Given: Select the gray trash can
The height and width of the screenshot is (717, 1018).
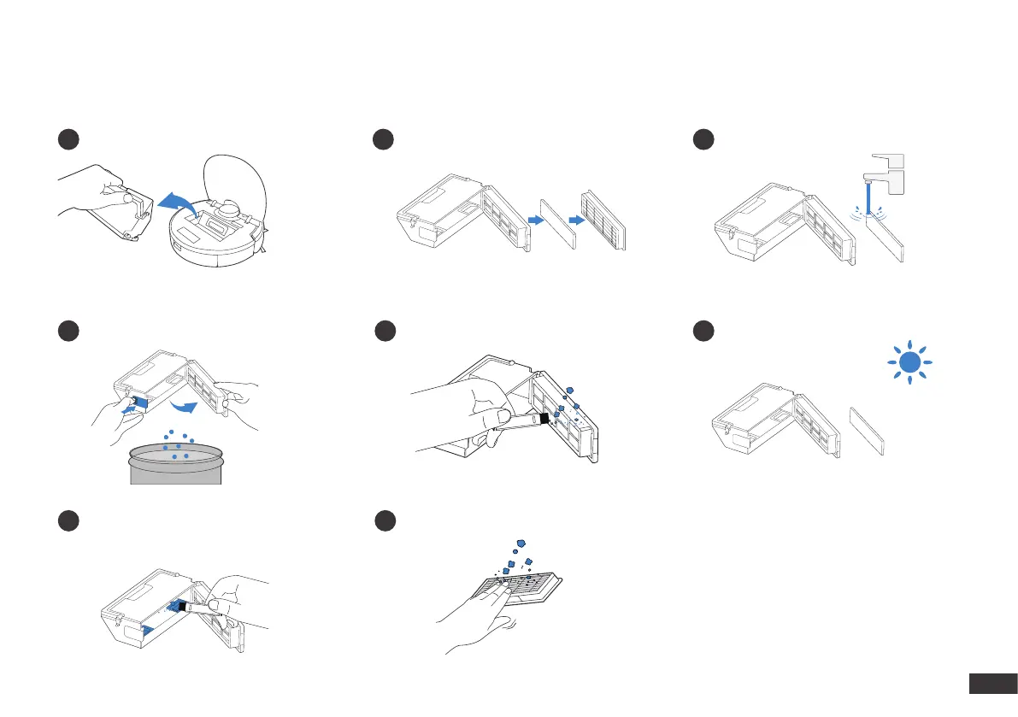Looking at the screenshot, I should [175, 465].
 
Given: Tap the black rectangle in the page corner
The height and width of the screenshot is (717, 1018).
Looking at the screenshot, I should [992, 684].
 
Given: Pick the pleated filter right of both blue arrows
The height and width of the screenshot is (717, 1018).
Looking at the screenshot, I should [603, 220].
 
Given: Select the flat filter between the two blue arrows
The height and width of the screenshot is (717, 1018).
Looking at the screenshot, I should [558, 225].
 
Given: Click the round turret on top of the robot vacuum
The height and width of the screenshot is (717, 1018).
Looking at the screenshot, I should [230, 207].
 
